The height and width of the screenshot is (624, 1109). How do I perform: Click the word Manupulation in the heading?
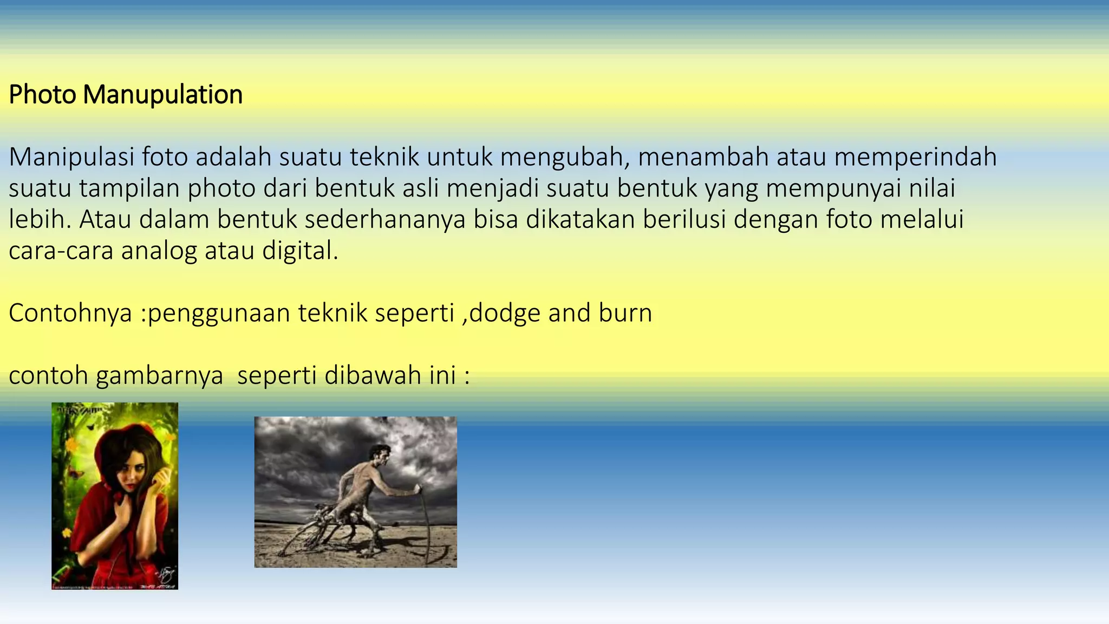point(162,95)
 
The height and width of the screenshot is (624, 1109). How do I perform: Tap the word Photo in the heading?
point(42,95)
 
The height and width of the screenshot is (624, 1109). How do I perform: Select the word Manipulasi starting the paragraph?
point(71,157)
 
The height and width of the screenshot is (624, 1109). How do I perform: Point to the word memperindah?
point(915,157)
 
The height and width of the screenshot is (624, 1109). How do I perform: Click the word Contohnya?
point(70,313)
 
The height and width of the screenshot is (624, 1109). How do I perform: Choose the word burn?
point(625,313)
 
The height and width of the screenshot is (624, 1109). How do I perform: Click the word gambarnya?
point(159,376)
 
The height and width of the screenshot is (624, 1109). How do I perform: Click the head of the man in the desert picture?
point(382,455)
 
